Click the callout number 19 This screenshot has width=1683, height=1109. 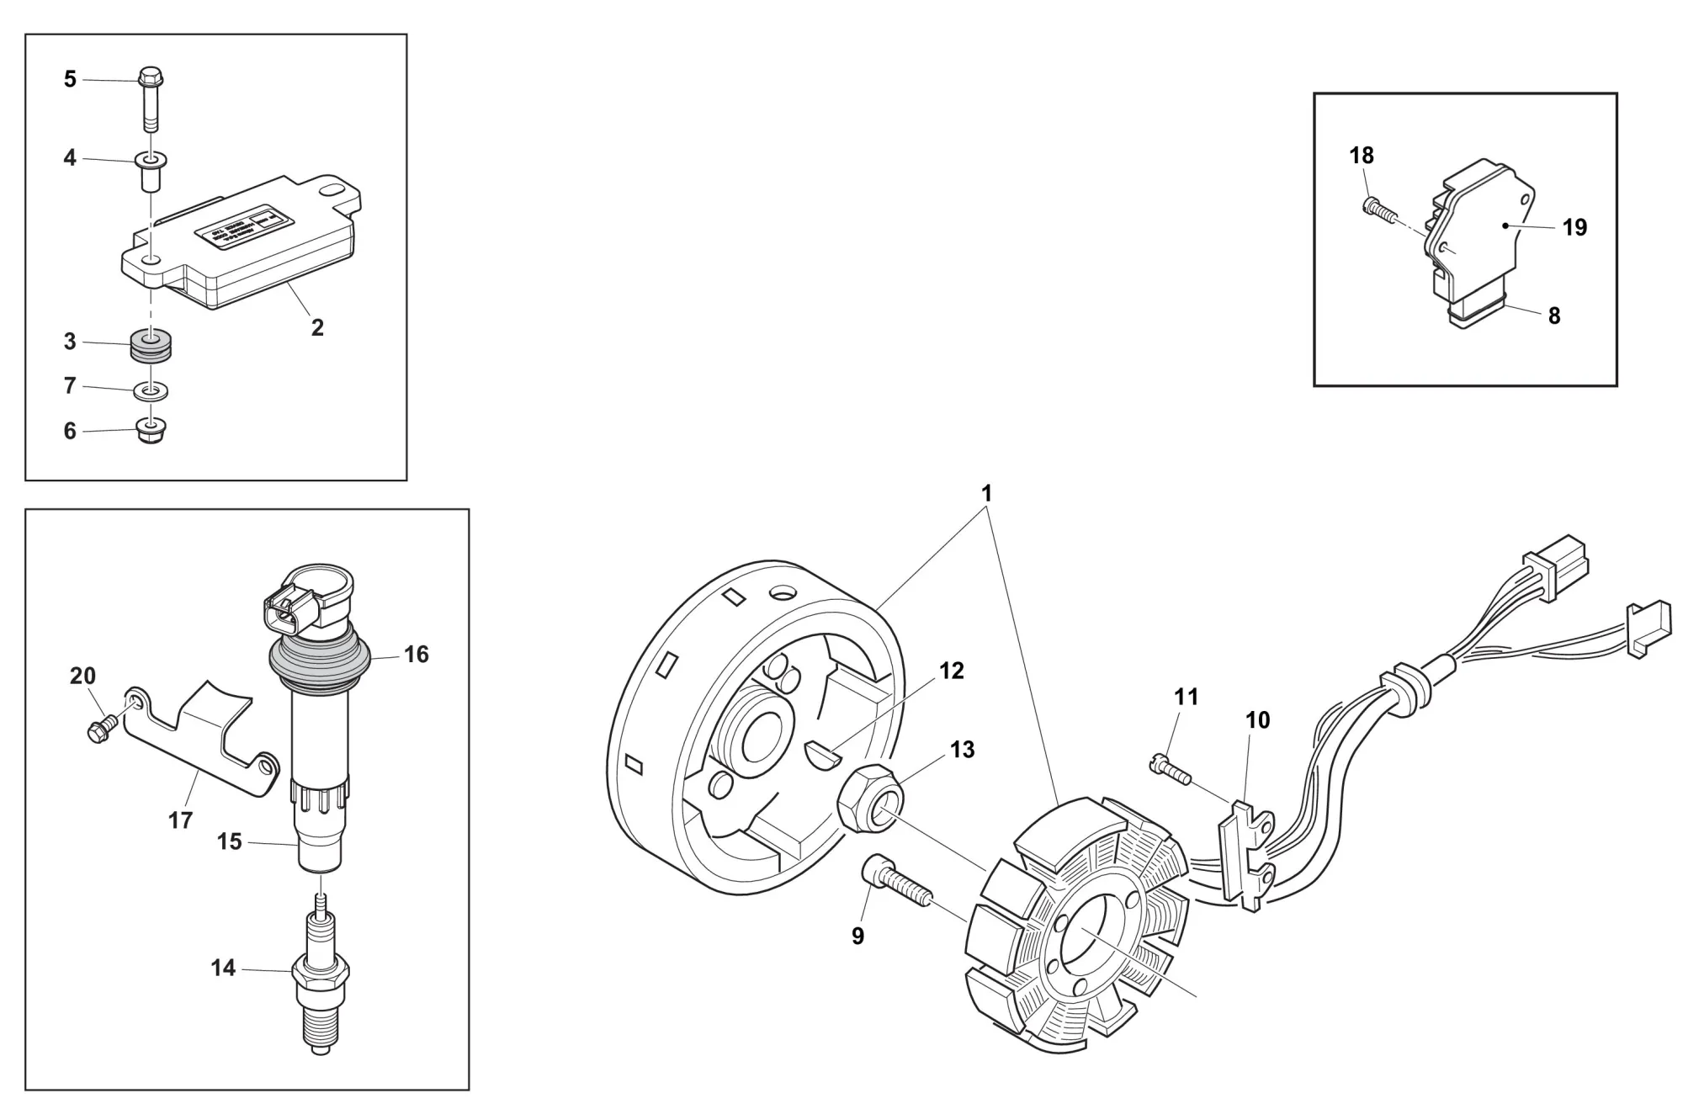pyautogui.click(x=1574, y=227)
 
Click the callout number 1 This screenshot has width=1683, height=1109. pyautogui.click(x=986, y=493)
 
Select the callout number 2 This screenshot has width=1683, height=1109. pyautogui.click(x=317, y=327)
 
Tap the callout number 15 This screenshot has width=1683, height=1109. pyautogui.click(x=229, y=841)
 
